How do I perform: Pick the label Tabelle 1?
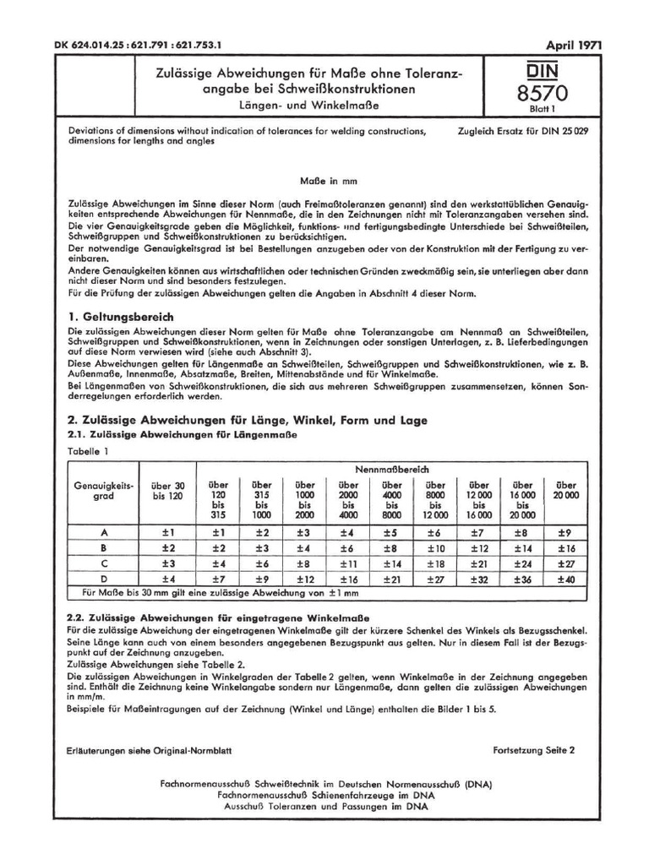[x=87, y=452]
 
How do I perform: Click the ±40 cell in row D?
[x=565, y=579]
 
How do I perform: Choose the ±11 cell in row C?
[x=350, y=563]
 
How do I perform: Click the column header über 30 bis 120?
[x=166, y=492]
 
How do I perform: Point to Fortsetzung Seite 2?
[x=533, y=750]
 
